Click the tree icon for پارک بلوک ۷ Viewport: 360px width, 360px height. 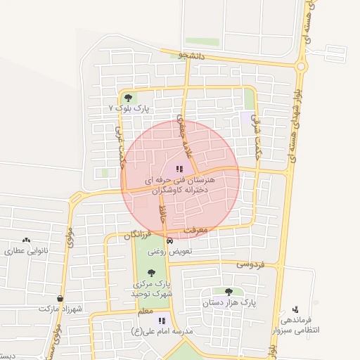pyautogui.click(x=127, y=98)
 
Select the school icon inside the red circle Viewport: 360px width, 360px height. pyautogui.click(x=179, y=169)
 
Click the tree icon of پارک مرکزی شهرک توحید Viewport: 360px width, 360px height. pyautogui.click(x=151, y=273)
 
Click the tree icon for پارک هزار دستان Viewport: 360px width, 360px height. pyautogui.click(x=229, y=291)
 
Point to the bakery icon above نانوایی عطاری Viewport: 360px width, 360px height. pyautogui.click(x=27, y=240)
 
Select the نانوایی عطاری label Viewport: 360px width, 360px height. pyautogui.click(x=26, y=251)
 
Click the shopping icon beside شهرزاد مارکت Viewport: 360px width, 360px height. pyautogui.click(x=60, y=298)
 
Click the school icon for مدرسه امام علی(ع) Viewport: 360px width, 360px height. pyautogui.click(x=162, y=321)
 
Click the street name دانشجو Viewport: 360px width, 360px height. pyautogui.click(x=191, y=54)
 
